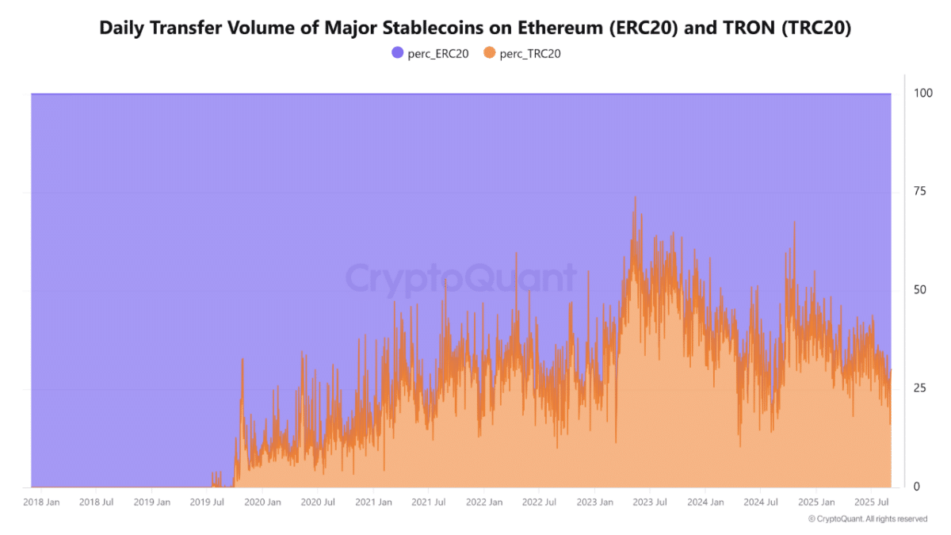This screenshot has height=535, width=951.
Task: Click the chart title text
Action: [x=475, y=28]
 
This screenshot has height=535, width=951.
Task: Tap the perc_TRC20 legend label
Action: [x=531, y=53]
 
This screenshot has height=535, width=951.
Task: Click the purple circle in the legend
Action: [x=398, y=53]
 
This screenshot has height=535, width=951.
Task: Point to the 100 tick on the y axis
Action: [x=922, y=94]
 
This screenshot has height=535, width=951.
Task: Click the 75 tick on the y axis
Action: [x=919, y=192]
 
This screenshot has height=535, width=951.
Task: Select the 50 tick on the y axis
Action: [x=919, y=290]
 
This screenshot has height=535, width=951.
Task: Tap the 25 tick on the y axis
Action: [x=919, y=388]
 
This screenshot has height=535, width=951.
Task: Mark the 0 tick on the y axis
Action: [x=917, y=487]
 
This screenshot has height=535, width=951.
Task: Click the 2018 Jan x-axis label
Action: [x=41, y=503]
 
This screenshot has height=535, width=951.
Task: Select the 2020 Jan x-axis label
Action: [x=262, y=503]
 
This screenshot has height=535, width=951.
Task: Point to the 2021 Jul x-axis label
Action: [x=428, y=503]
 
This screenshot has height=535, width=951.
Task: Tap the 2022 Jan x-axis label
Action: [x=484, y=503]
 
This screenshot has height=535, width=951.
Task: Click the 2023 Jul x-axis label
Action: [x=649, y=503]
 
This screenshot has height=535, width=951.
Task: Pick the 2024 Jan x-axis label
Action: [x=705, y=503]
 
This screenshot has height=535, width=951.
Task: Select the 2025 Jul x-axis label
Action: [x=870, y=503]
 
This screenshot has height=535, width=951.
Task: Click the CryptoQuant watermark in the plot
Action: [x=460, y=279]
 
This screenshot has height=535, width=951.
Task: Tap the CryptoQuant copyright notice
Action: [x=867, y=519]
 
